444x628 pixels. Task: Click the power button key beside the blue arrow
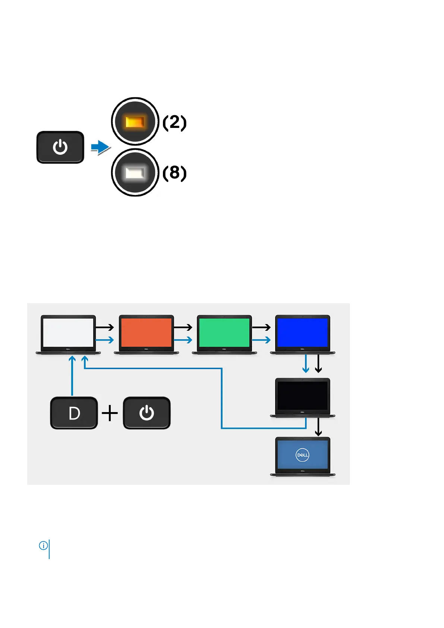point(60,147)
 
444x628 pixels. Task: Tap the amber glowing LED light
point(135,122)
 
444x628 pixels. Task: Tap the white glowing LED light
point(135,173)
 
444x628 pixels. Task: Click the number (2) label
point(174,122)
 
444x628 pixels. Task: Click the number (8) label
point(174,173)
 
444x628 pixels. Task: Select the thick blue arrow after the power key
point(100,147)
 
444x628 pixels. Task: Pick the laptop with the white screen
point(68,334)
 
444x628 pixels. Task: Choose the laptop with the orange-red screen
point(146,334)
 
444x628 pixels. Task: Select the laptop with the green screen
point(224,334)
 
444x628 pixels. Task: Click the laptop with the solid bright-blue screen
point(302,334)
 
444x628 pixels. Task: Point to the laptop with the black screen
point(302,397)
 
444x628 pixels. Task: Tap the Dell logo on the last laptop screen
point(302,455)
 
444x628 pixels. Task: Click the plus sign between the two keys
point(110,413)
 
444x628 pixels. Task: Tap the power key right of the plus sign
point(147,413)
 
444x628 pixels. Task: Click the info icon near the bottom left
point(43,546)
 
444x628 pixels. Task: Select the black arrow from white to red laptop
point(105,327)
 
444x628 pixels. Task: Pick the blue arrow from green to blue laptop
point(261,340)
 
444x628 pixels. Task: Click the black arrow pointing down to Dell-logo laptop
point(318,427)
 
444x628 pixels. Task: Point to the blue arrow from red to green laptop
point(183,340)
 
